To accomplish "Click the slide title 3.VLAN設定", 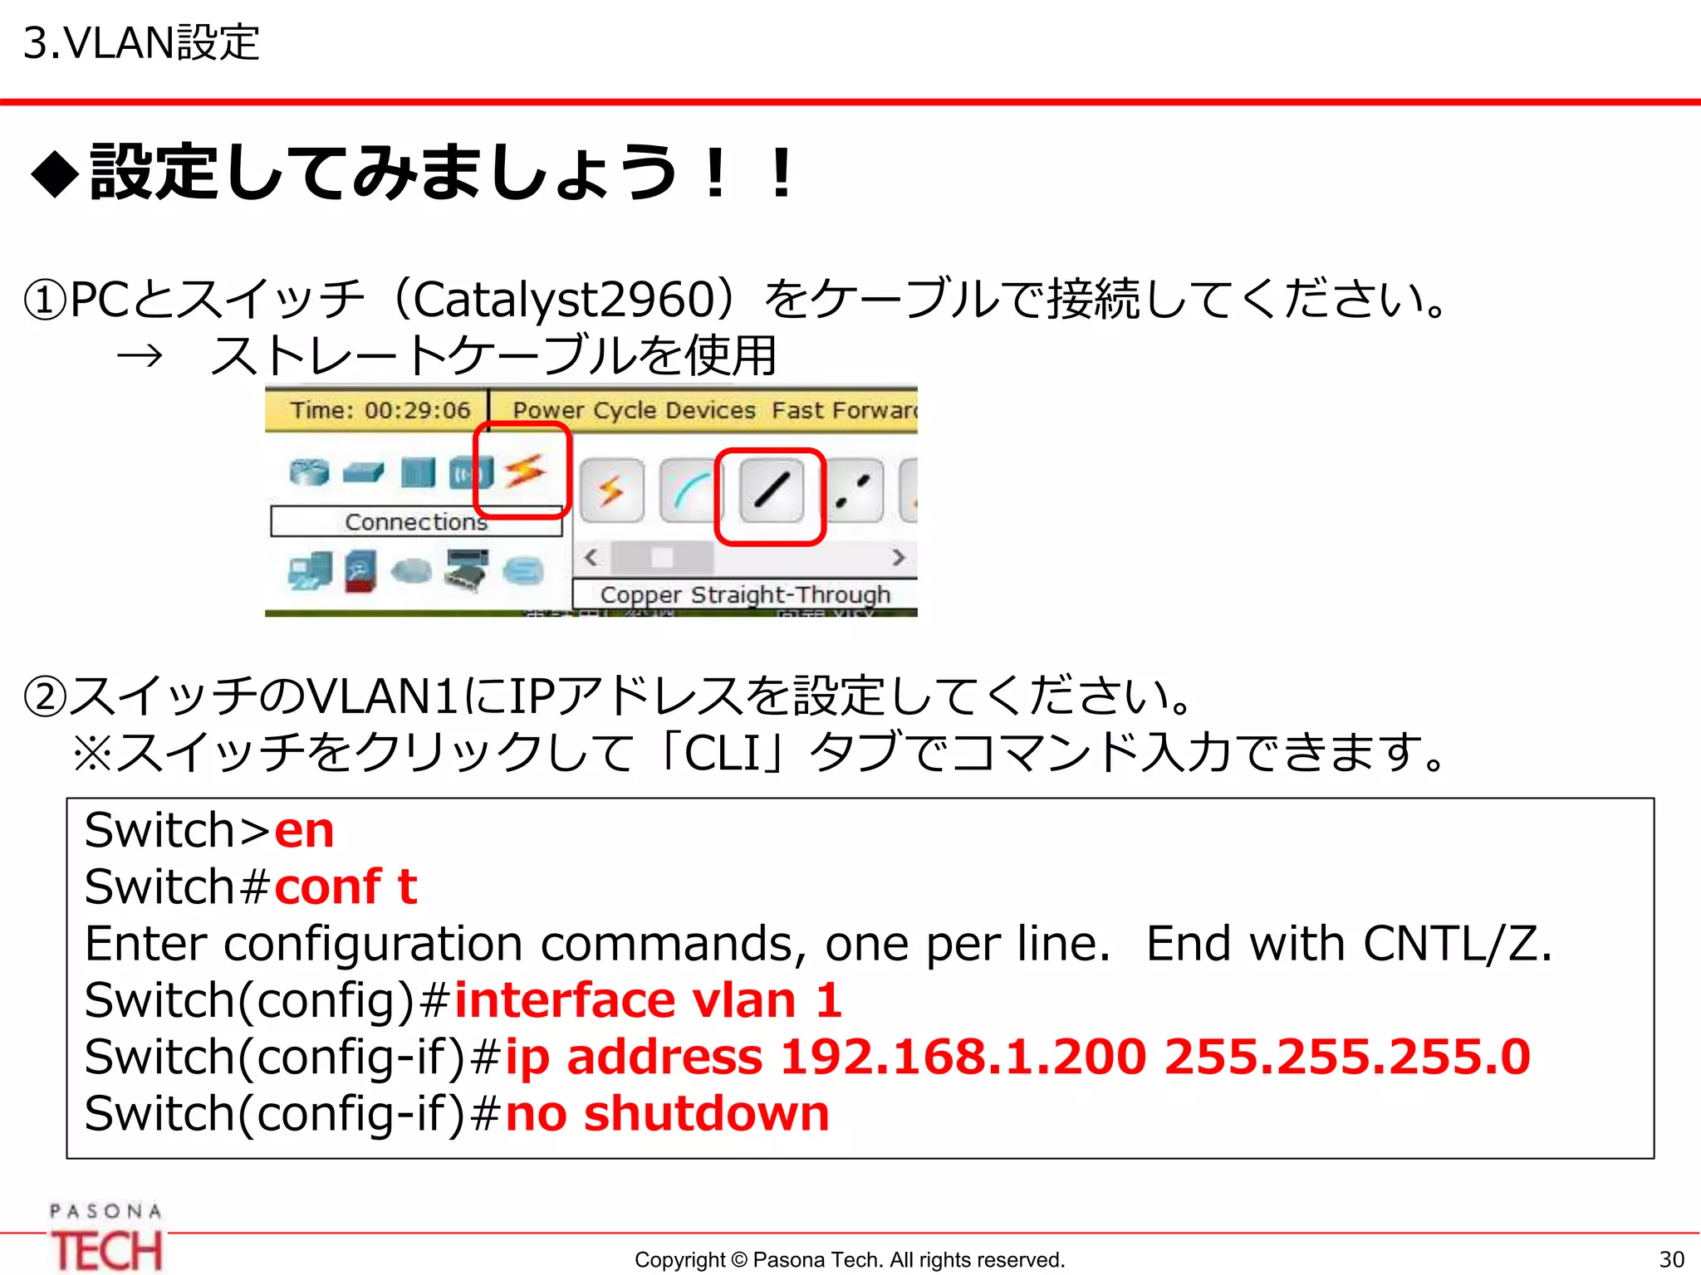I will coord(141,43).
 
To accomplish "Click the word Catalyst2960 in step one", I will coord(564,300).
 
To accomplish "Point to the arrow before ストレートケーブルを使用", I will coord(139,357).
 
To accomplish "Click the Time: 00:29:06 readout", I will coord(380,410).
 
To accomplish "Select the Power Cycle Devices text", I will coord(634,410).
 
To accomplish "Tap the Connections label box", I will coord(416,522).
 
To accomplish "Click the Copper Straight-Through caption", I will coord(745,594).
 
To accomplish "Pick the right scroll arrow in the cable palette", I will coord(898,557).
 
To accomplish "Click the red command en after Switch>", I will coord(304,830).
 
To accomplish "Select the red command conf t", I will coord(345,887).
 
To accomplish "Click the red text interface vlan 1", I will coord(648,999).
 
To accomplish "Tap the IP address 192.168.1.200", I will coord(963,1057).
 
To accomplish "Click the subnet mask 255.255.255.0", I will coord(1347,1057).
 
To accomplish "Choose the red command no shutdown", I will coord(667,1113).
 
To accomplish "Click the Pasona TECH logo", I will coord(105,1238).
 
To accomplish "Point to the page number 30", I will coord(1671,1259).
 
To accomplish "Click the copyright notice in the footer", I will coord(849,1259).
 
